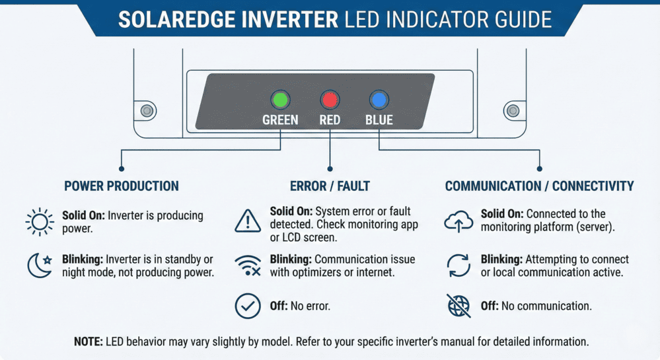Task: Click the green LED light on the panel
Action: (x=280, y=100)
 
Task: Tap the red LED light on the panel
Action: (x=329, y=100)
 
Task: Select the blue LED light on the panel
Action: (x=379, y=100)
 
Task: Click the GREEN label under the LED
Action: (x=280, y=120)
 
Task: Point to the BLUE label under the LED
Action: (x=379, y=120)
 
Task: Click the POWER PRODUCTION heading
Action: (x=122, y=186)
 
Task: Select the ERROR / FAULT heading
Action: (x=330, y=186)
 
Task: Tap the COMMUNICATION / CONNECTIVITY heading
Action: (x=539, y=186)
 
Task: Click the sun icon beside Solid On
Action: (x=40, y=222)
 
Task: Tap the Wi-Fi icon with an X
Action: (x=248, y=266)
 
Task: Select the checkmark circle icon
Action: (x=248, y=306)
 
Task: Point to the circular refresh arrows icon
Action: (x=457, y=266)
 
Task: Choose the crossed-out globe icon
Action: (x=457, y=306)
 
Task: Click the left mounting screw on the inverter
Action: (x=147, y=110)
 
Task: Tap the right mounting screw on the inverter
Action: (x=513, y=110)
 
